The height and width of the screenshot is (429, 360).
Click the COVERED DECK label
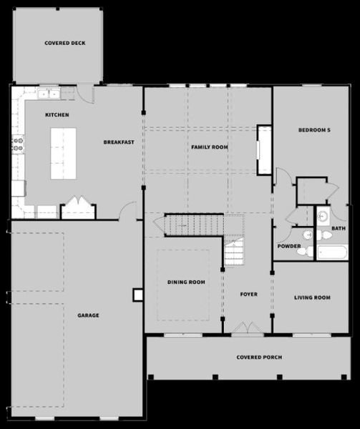(65, 43)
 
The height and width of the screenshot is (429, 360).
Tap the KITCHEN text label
(57, 115)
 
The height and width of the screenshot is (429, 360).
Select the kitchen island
(63, 153)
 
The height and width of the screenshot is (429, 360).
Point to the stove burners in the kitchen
(17, 145)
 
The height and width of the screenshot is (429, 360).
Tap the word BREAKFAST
(119, 142)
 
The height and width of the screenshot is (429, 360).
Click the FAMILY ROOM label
(209, 147)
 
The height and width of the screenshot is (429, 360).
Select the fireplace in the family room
(264, 150)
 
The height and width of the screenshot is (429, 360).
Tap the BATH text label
(338, 229)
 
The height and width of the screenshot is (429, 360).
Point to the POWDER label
(288, 247)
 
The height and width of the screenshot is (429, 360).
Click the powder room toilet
(303, 251)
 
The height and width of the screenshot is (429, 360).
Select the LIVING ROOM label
(312, 297)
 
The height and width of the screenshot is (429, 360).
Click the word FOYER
(248, 294)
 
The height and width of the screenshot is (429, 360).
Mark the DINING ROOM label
(186, 282)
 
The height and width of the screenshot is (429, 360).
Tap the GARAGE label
(88, 315)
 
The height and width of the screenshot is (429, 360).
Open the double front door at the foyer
(248, 329)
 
